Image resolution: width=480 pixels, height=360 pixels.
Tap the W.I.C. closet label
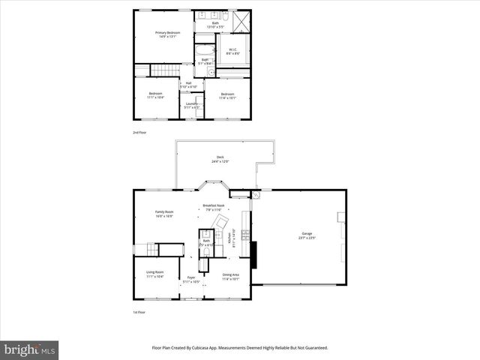pos(232,52)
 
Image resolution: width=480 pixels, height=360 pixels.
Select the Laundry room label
pos(192,106)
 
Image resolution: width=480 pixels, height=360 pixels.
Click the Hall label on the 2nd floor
pos(188,85)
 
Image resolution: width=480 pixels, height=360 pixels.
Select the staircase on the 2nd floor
pos(166,70)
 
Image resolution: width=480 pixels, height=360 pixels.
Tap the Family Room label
pos(164,214)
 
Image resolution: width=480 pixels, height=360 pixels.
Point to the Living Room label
pos(154,275)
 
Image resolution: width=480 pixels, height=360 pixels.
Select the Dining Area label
pos(231,276)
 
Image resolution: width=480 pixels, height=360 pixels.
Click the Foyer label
pos(191,280)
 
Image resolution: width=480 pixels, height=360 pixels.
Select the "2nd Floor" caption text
pos(139,133)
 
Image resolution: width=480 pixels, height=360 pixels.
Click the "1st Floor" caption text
pos(139,313)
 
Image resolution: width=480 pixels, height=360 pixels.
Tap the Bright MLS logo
pos(30,349)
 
